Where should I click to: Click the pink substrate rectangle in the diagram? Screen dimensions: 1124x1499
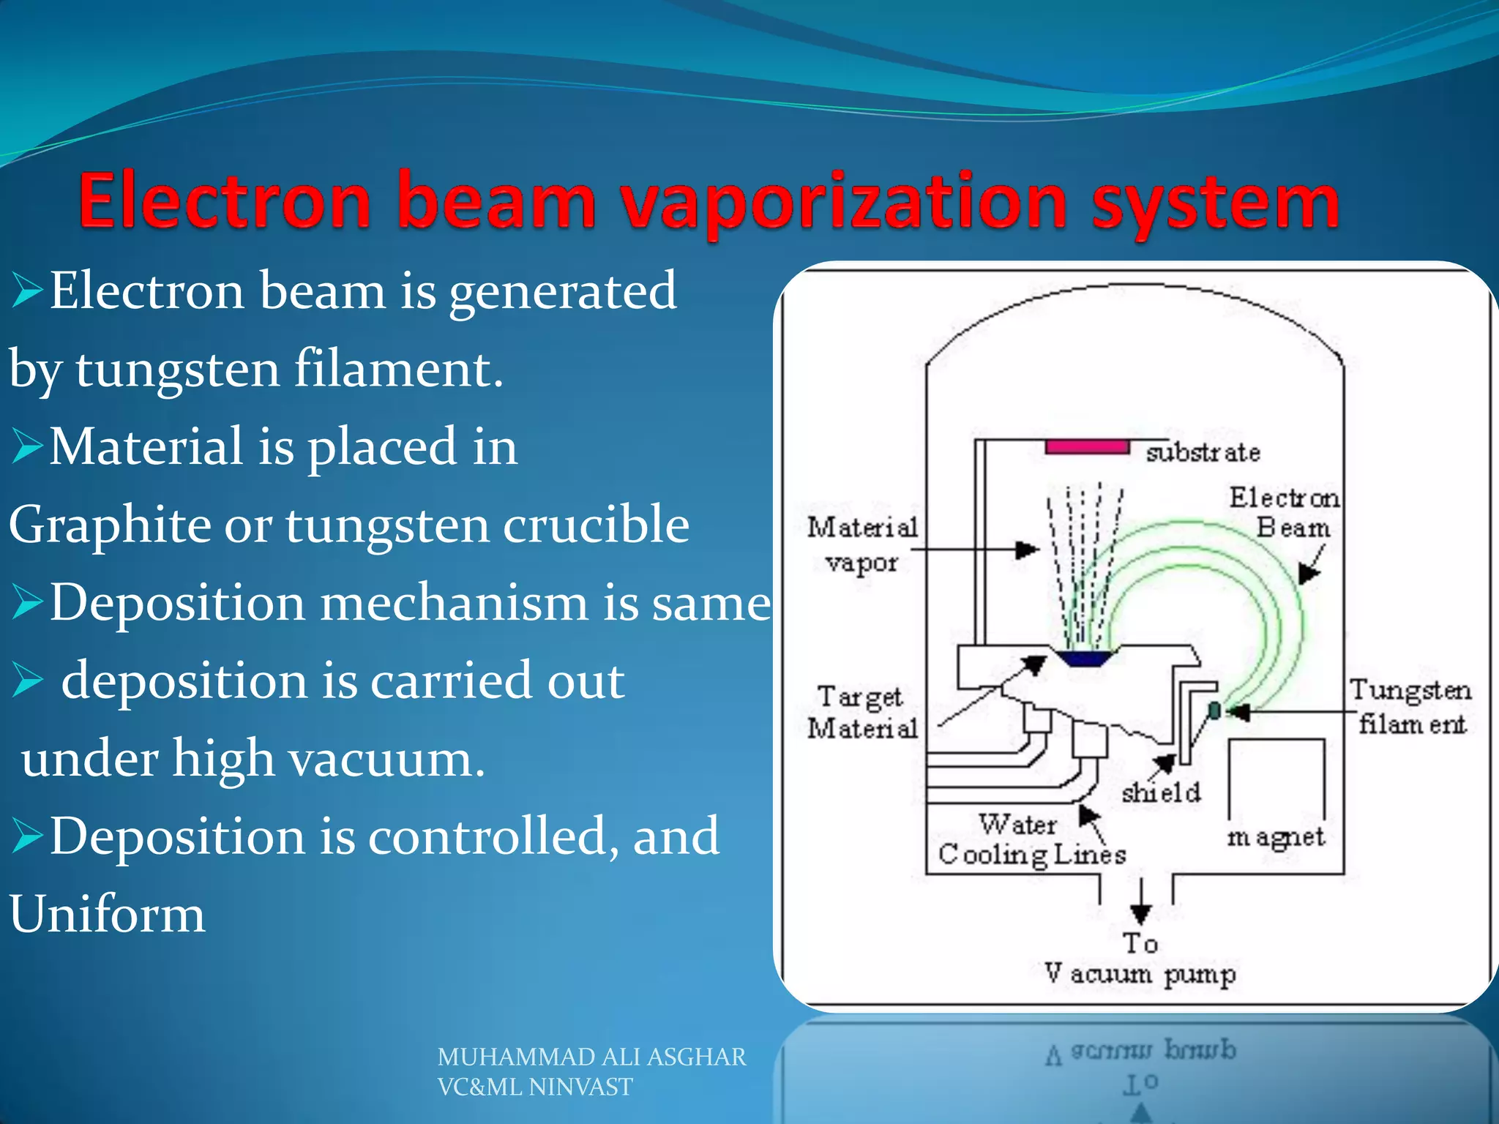(1087, 446)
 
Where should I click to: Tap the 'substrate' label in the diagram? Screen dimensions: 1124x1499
(1203, 452)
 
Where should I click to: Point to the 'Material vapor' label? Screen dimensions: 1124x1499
(861, 544)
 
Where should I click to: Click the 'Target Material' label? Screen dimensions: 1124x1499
(861, 712)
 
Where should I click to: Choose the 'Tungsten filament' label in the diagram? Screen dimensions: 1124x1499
(1410, 706)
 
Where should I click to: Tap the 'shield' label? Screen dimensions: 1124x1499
(1161, 793)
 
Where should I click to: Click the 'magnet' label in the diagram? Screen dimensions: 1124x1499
(1276, 836)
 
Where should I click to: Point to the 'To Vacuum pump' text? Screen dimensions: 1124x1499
(1140, 959)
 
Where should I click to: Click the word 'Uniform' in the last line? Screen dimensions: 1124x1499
(108, 914)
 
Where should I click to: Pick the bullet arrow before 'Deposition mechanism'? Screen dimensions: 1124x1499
(28, 604)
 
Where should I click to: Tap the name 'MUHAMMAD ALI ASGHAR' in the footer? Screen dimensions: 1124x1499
(591, 1057)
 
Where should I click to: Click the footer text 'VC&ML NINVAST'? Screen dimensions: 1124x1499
(534, 1087)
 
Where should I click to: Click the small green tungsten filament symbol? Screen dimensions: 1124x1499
(1214, 710)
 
